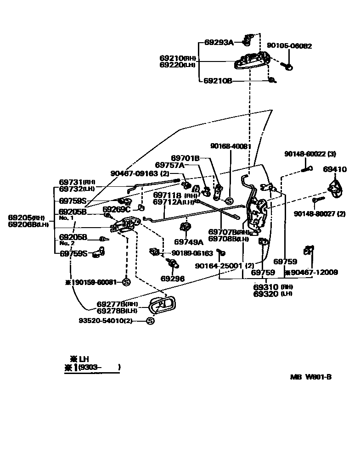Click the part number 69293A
(219, 43)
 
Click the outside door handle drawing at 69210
(250, 61)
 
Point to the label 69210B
(218, 81)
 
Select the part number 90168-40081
(231, 146)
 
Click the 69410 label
(335, 169)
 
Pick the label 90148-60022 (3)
(310, 154)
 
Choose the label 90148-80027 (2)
(320, 214)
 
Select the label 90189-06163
(192, 253)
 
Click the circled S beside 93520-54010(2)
(150, 321)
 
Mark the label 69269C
(117, 209)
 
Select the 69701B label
(185, 158)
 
